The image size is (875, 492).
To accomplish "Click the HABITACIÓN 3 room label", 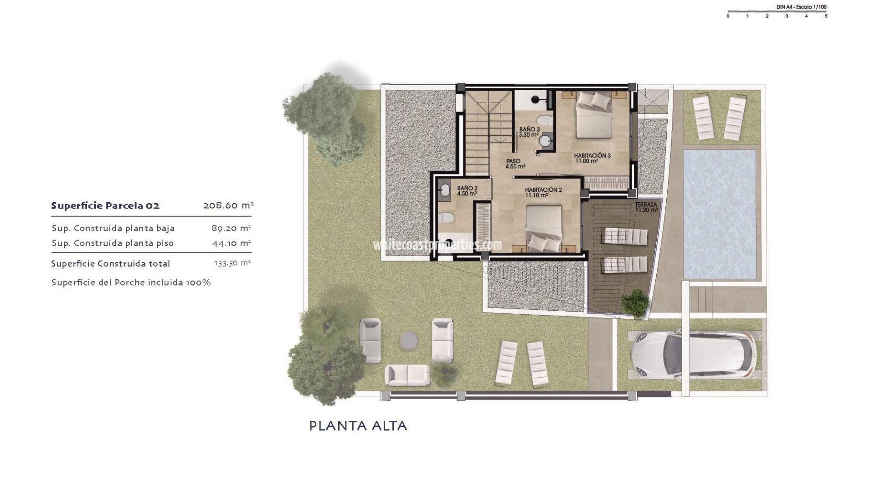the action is [592, 158].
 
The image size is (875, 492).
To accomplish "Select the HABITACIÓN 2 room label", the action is [543, 192].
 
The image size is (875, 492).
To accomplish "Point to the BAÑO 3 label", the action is [529, 132].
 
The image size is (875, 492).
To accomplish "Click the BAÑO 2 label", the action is [467, 190].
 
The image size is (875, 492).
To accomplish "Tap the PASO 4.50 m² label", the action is [515, 164].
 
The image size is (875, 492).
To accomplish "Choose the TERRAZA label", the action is [646, 207].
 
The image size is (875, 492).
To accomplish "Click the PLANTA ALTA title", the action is [358, 426].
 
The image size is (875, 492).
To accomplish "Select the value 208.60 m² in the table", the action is [228, 205].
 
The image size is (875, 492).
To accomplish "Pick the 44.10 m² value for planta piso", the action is [232, 243].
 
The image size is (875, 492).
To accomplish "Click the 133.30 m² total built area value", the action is [232, 263].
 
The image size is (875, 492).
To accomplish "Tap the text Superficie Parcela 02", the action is [105, 205].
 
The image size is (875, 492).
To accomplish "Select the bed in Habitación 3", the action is [594, 114].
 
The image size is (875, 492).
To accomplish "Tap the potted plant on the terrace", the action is [635, 302].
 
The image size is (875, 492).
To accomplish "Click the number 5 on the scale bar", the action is [826, 16].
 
